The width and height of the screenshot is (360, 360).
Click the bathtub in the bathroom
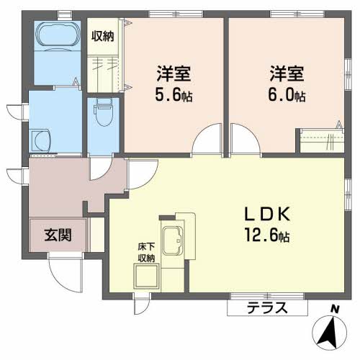(x=58, y=35)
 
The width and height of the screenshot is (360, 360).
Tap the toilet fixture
(x=104, y=112)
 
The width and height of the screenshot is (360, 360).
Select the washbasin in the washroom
(x=40, y=140)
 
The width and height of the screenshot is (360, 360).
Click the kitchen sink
(x=173, y=240)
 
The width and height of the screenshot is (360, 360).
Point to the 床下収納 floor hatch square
(x=147, y=276)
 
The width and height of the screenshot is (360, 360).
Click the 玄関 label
(x=58, y=235)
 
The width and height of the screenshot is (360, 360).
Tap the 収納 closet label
(x=103, y=36)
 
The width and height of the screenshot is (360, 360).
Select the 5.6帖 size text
(x=174, y=95)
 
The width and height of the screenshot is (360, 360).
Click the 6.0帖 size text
(x=287, y=95)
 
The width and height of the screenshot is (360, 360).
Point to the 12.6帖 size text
(x=267, y=235)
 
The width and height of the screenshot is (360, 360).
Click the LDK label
(x=267, y=214)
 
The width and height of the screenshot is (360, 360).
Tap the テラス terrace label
(x=267, y=307)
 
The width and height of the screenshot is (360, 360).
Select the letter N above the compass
(x=334, y=309)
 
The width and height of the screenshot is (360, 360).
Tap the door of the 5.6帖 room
(x=207, y=138)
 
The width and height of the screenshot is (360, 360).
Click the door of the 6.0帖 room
(x=246, y=138)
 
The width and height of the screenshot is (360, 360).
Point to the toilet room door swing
(x=101, y=168)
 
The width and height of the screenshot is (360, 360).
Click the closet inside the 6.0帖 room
(x=322, y=140)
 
